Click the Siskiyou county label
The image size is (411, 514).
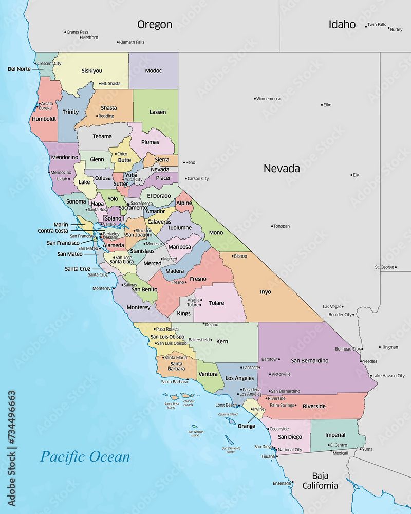pos(91,71)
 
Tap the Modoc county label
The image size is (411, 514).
pos(153,71)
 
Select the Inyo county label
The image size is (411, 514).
pos(265,292)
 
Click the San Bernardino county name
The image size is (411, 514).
pos(309,361)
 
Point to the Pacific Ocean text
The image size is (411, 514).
pos(85,456)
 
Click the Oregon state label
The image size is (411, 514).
pos(154,24)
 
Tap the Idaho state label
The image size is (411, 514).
pos(342,24)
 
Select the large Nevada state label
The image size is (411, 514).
pos(282,168)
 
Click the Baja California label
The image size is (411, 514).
pos(320,481)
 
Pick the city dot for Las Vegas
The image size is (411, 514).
pos(345,306)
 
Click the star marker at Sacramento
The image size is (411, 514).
pos(128,204)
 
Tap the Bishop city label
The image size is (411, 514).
pos(240,256)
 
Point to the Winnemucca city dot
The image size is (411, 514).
pos(255,99)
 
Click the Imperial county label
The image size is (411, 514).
pos(335,435)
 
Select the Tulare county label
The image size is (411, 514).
pos(216,303)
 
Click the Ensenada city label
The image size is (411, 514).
pos(282,483)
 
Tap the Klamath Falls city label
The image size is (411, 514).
pos(132,42)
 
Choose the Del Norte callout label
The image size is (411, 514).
pos(19,69)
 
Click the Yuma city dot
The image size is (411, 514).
pos(359,449)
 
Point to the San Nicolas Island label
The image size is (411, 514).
pos(196,433)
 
